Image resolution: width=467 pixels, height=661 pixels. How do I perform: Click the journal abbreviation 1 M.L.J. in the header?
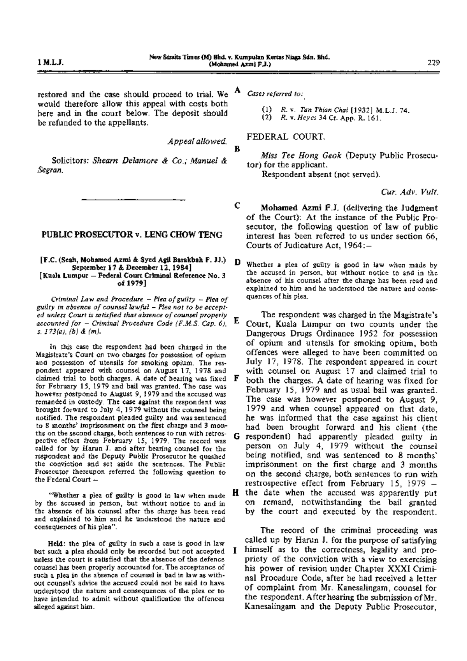click(51, 62)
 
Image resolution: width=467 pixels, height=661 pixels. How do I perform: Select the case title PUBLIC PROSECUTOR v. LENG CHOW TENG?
click(132, 235)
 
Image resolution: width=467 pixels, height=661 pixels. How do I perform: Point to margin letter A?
click(237, 90)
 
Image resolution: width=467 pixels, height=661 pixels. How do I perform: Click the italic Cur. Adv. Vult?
click(410, 192)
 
